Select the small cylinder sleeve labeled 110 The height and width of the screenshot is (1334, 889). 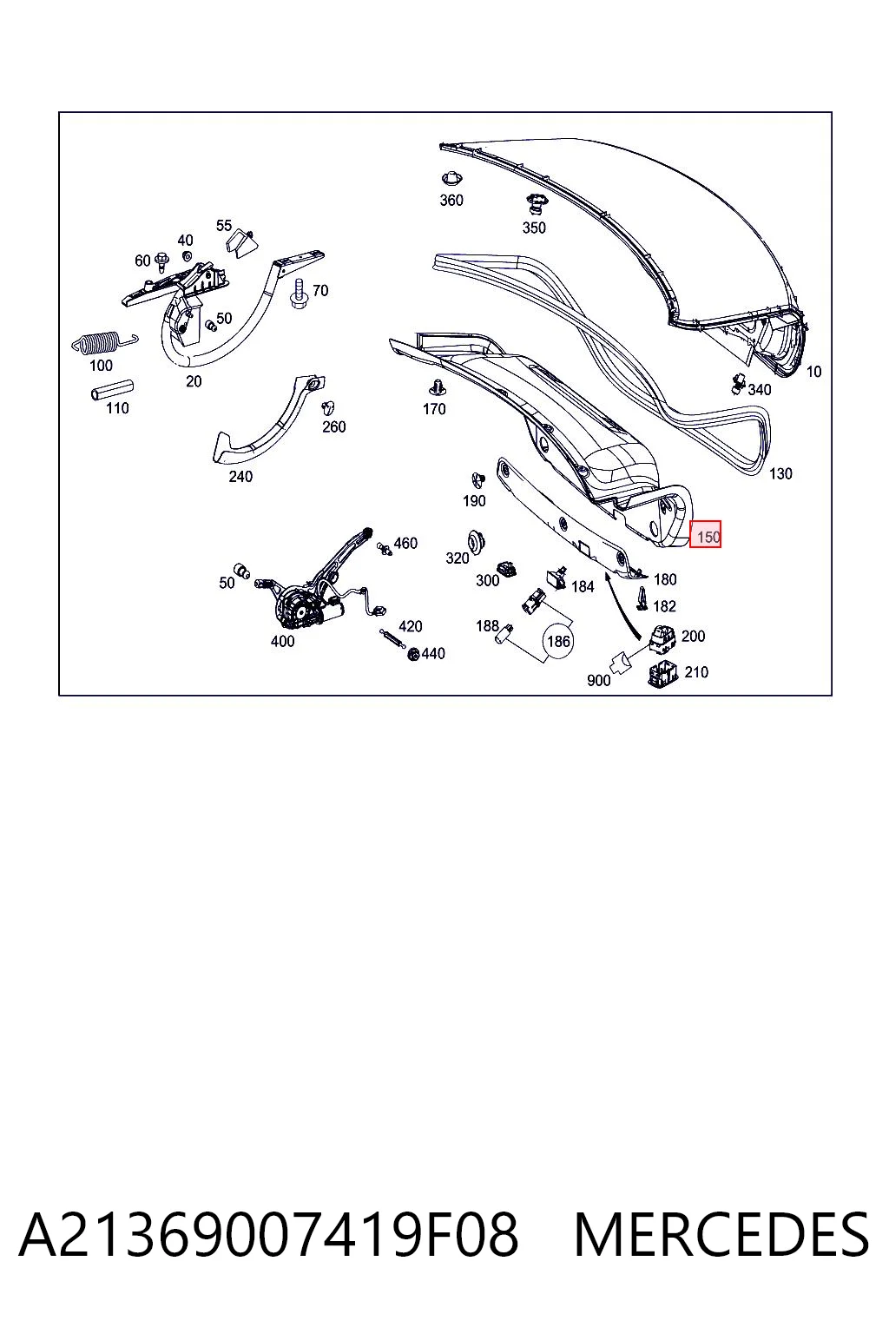(111, 391)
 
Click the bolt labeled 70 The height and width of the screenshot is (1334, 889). (299, 293)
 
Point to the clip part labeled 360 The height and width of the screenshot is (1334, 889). (452, 178)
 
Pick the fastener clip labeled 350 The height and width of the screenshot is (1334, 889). (534, 204)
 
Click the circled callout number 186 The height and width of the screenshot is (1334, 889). (558, 641)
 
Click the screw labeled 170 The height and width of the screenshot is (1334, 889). (438, 388)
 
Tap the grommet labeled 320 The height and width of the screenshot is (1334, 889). (475, 539)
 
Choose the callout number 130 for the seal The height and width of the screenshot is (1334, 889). (780, 473)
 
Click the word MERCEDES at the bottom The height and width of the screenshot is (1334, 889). (721, 1236)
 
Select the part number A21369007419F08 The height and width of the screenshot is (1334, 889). (268, 1236)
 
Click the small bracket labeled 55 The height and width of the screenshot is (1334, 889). (240, 242)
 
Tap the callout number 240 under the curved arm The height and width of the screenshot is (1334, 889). (240, 477)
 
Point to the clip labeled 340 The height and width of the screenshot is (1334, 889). (739, 384)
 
